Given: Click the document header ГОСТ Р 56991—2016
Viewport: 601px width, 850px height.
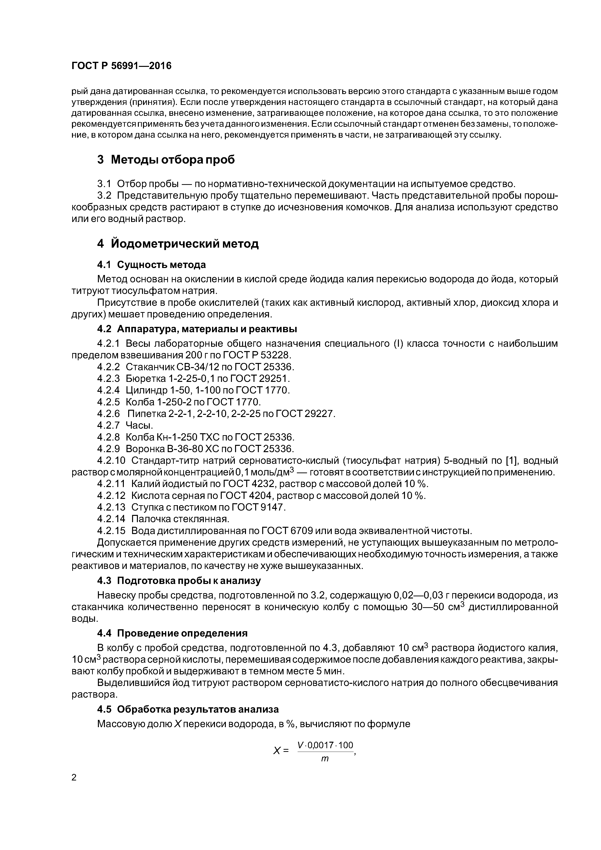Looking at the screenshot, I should (x=121, y=66).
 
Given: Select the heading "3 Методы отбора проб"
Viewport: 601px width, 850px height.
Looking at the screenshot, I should (x=166, y=160).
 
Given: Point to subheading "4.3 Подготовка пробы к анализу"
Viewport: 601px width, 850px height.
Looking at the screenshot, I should (x=179, y=581).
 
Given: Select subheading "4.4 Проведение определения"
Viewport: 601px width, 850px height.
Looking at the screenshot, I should (x=172, y=633).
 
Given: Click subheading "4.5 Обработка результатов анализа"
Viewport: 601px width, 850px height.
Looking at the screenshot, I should (x=188, y=709).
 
